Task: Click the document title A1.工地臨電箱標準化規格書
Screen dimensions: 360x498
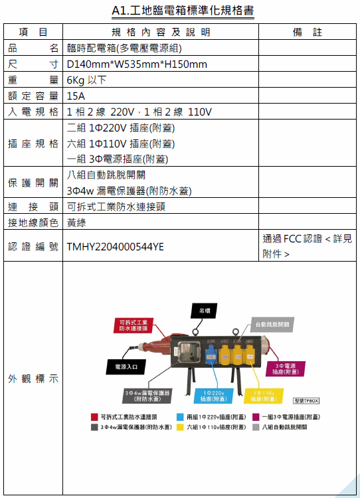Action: [183, 11]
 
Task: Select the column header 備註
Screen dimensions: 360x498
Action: [308, 32]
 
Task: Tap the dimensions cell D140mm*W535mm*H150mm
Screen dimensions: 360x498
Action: [137, 64]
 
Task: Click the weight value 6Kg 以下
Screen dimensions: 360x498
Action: [86, 80]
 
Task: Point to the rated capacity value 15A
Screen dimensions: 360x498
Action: [76, 96]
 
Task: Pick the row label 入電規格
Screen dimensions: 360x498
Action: [33, 112]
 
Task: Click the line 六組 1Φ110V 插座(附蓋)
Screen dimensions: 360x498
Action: [121, 143]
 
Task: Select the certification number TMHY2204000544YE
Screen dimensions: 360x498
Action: [116, 247]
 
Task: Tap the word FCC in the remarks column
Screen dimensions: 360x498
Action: [292, 238]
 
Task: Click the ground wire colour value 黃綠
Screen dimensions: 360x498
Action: [76, 222]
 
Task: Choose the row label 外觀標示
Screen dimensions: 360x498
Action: [33, 378]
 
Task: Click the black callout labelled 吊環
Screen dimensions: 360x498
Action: [204, 311]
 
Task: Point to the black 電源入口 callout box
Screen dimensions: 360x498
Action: [126, 367]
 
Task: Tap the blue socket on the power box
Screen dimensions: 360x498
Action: [211, 356]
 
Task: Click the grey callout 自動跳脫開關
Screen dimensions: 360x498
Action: [272, 324]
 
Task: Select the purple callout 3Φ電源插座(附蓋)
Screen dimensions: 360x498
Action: [286, 369]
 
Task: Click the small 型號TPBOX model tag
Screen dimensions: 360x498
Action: [306, 401]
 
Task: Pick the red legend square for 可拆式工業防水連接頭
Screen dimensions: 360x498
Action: [94, 417]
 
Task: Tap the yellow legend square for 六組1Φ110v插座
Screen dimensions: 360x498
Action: [180, 427]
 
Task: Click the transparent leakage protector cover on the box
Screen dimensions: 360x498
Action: [189, 352]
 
